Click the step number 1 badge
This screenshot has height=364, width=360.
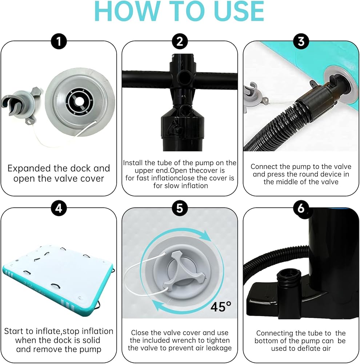[59, 41]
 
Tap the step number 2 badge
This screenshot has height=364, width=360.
[180, 41]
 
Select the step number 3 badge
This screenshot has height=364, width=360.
[301, 41]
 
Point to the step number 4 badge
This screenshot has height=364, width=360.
[59, 208]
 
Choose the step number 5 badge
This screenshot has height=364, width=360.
[180, 208]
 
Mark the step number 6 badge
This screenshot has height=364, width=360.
[301, 208]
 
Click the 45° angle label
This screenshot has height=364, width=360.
[221, 306]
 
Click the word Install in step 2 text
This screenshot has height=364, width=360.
[133, 163]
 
